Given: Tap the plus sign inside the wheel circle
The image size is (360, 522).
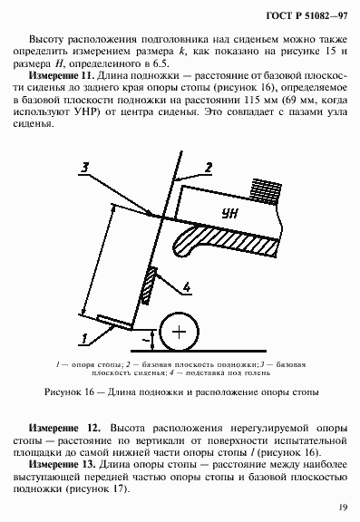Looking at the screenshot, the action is pos(181,333).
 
